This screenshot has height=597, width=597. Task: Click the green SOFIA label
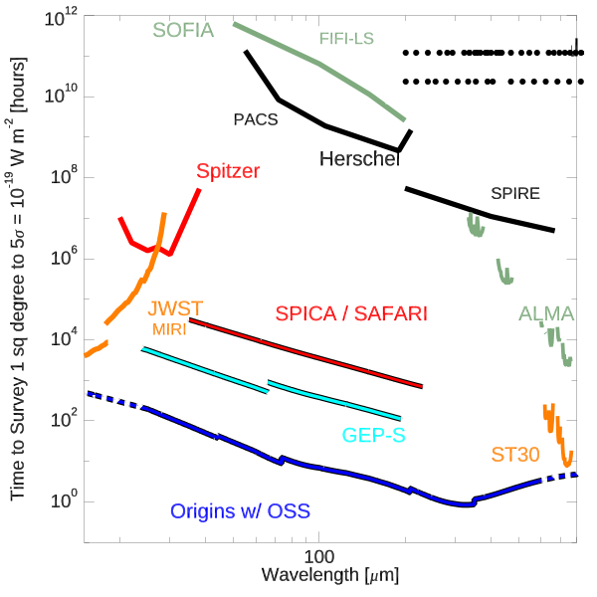coord(184,30)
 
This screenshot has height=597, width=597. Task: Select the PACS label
coord(255,119)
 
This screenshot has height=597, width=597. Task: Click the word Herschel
coord(359,159)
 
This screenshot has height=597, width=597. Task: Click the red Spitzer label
coord(228,170)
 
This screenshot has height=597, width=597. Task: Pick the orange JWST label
coord(175,307)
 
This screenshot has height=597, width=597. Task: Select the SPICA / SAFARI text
coord(350,313)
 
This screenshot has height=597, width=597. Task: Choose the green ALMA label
coord(546,314)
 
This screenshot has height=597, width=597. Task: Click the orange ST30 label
coord(514,455)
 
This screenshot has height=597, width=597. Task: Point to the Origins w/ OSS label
coord(240,511)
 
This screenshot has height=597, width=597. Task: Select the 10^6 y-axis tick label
coord(66,260)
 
